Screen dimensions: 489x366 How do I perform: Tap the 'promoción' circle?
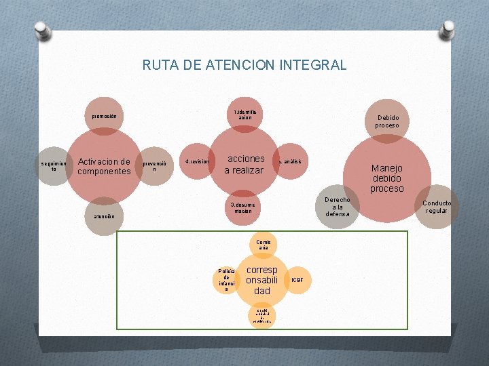tap(105, 116)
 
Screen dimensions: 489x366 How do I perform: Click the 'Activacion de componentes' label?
tap(104, 166)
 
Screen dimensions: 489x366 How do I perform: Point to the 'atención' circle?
tap(105, 216)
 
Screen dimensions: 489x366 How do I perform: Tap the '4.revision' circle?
tap(198, 161)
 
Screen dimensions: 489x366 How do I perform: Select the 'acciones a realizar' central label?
tap(244, 164)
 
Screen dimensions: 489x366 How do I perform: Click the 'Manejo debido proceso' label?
tap(387, 178)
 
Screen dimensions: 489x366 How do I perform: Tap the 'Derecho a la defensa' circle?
tap(338, 207)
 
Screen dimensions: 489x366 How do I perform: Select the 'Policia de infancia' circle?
tap(227, 279)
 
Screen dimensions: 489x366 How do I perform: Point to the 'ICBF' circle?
tap(297, 279)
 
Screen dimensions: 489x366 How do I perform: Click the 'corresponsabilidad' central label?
tap(262, 280)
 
